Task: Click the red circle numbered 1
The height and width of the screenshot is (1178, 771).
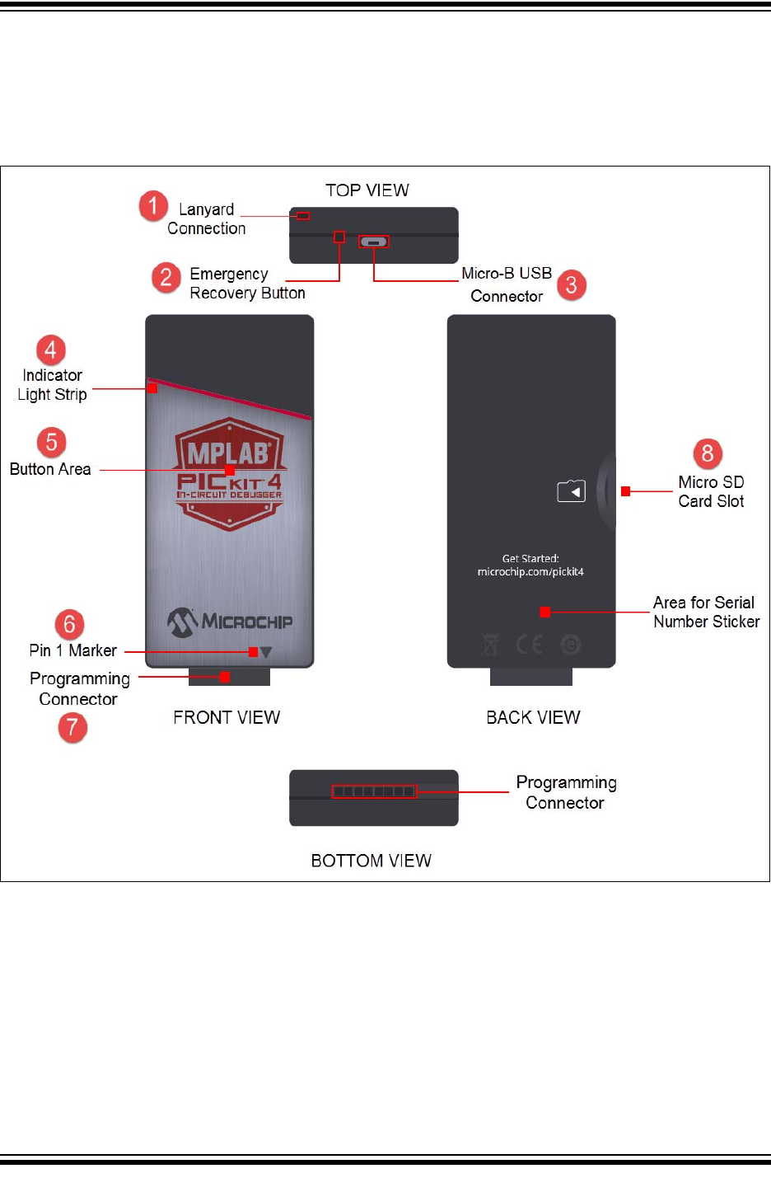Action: click(153, 206)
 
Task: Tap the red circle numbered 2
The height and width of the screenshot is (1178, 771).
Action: click(166, 277)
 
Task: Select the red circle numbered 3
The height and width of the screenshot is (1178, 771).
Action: click(572, 285)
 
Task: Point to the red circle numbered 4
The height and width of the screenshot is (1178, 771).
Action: click(50, 350)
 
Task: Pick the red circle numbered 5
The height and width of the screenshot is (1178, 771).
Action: click(51, 443)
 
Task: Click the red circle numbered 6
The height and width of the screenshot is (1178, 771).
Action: click(69, 624)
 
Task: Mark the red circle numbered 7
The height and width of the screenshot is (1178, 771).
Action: click(72, 727)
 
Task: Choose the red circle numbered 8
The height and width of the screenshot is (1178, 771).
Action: click(707, 453)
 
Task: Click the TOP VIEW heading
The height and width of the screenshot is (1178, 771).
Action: click(367, 190)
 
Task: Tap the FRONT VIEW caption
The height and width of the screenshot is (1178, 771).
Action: click(227, 717)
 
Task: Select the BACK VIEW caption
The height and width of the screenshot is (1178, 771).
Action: click(533, 717)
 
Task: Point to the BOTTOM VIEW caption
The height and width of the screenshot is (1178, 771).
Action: click(371, 861)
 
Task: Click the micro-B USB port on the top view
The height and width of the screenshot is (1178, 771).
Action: click(374, 242)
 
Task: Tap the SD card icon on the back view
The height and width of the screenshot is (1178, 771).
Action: click(572, 491)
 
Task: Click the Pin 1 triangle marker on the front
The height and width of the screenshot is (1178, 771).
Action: click(266, 652)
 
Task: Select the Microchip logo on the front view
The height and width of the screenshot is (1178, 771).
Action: click(230, 622)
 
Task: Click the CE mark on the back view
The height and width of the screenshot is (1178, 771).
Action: click(530, 644)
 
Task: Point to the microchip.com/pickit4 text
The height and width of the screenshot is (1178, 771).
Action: click(530, 572)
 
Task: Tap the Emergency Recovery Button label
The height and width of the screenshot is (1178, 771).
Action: click(247, 284)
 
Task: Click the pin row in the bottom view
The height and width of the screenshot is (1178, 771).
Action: click(374, 792)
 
